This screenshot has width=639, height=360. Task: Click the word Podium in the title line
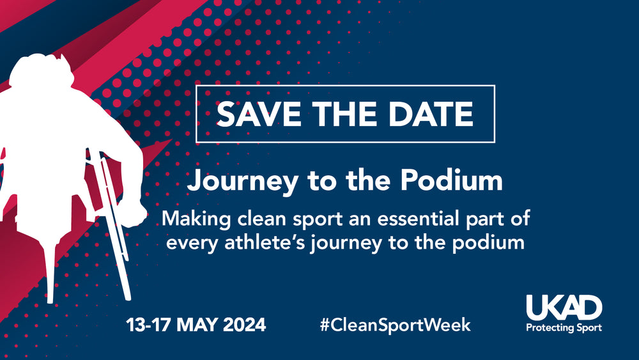click(x=452, y=180)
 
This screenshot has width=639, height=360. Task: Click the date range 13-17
click(x=149, y=325)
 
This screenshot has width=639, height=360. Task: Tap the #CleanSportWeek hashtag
click(x=396, y=325)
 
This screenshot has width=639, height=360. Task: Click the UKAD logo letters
click(x=564, y=308)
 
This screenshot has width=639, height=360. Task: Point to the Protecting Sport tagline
click(x=564, y=328)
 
